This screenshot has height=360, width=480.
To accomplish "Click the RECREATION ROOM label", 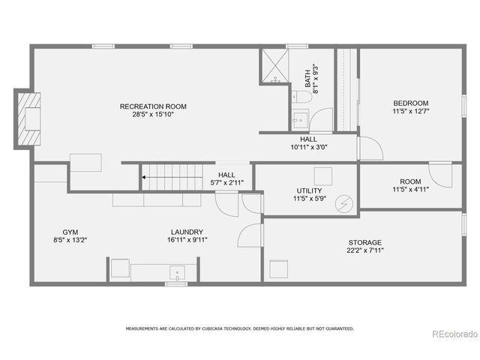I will point(153,106).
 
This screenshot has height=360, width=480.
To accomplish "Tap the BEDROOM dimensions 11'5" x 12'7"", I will point(410,111).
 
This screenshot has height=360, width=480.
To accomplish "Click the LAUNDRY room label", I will point(187,232).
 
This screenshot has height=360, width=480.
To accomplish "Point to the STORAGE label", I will point(365,242).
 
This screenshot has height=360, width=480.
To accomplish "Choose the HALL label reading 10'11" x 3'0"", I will point(308,139).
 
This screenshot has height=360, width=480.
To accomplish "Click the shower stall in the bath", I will point(274,66).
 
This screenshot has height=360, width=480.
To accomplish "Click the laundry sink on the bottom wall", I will point(177,271).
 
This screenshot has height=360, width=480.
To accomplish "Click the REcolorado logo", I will point(451,334).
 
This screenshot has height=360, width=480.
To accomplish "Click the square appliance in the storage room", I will point(278,269).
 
